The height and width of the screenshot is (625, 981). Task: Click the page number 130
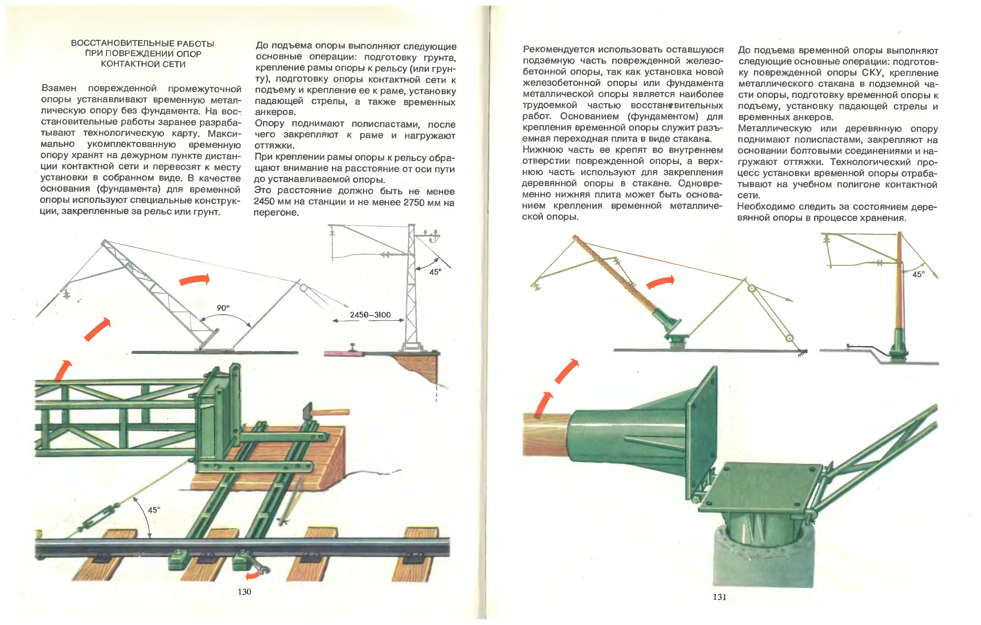[x=244, y=591]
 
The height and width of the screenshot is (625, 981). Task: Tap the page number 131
[x=719, y=597]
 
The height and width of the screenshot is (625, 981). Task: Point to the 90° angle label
[x=223, y=308]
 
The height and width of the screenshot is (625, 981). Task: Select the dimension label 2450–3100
[x=370, y=315]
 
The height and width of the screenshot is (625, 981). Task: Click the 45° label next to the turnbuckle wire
[x=154, y=510]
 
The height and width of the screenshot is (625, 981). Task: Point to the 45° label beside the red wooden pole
[x=918, y=274]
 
